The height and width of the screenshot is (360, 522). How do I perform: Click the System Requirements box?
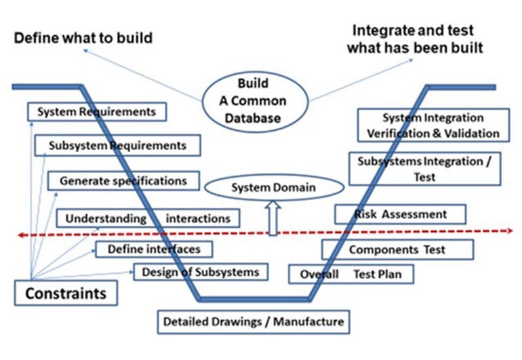click(x=97, y=112)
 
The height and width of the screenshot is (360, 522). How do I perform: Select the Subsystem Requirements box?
click(x=117, y=146)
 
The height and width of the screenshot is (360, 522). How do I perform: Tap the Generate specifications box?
click(x=123, y=181)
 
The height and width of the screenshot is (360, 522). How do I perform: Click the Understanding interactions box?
click(x=148, y=218)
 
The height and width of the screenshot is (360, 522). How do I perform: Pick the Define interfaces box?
click(x=154, y=249)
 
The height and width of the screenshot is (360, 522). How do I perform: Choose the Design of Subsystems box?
click(x=201, y=273)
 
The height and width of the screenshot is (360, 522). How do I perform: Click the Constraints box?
click(x=66, y=294)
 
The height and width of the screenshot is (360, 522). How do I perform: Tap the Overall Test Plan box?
click(x=351, y=274)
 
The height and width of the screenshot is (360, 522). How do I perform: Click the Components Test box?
click(x=397, y=249)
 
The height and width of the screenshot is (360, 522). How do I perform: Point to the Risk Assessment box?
click(x=401, y=214)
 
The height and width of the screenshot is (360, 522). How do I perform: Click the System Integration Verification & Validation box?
click(x=433, y=125)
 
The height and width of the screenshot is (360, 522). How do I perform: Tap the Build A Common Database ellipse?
click(x=253, y=101)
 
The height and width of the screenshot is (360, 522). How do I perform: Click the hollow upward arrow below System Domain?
click(x=273, y=220)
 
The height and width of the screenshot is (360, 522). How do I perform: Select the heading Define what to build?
click(x=83, y=38)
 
